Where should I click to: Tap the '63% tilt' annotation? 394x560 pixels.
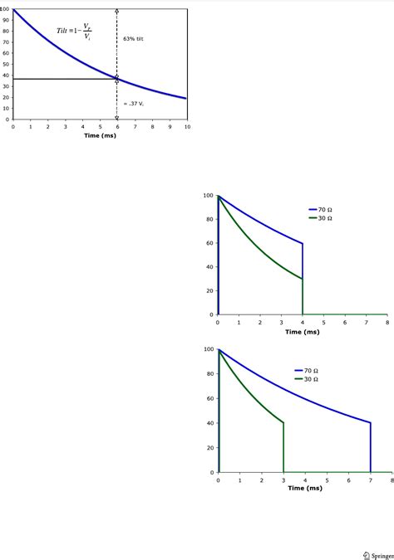[133, 39]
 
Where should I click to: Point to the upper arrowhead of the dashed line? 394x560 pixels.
[116, 11]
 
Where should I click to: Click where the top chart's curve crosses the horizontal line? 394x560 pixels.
[116, 79]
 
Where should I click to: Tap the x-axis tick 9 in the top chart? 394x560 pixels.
[170, 127]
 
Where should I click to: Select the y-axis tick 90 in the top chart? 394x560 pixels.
[6, 20]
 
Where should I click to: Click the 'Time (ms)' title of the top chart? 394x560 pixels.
[100, 135]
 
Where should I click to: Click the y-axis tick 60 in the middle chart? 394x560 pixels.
[209, 243]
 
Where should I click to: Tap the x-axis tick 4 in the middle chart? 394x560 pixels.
[303, 323]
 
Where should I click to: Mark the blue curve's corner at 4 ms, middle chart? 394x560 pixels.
[303, 243]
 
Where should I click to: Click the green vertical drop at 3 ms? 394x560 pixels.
[283, 448]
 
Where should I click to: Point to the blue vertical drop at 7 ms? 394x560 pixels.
[371, 448]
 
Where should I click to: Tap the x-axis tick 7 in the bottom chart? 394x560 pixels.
[371, 480]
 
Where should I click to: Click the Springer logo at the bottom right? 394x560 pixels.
[378, 554]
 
